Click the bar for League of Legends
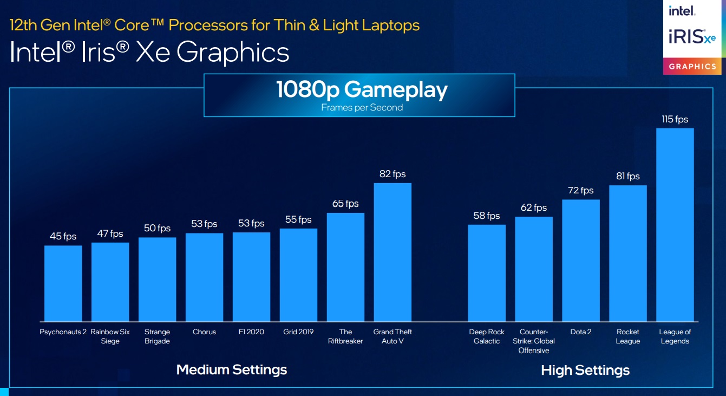(675, 224)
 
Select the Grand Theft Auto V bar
(393, 252)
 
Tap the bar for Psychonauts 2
(63, 283)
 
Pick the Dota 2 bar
(581, 260)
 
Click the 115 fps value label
(675, 119)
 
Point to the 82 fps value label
(393, 174)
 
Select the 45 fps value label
(63, 236)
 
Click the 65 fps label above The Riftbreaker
(345, 204)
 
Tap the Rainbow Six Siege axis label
(110, 336)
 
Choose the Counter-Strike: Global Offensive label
(534, 341)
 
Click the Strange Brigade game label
(157, 336)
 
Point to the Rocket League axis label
(628, 336)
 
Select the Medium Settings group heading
(232, 370)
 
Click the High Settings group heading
(585, 371)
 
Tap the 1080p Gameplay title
(362, 89)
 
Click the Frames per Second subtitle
(362, 107)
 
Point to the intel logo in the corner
(682, 11)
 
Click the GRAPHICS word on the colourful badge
(692, 66)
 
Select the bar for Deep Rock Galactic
(487, 272)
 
